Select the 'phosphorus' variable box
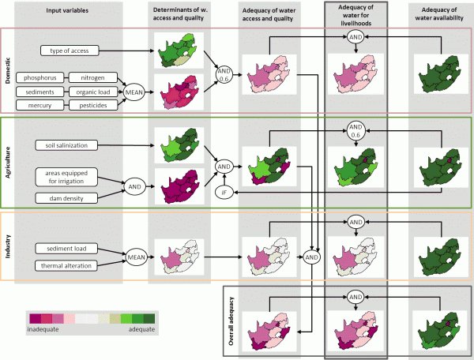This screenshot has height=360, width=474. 45,77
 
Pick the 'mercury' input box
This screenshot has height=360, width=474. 45,103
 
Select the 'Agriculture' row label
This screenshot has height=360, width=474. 9,161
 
